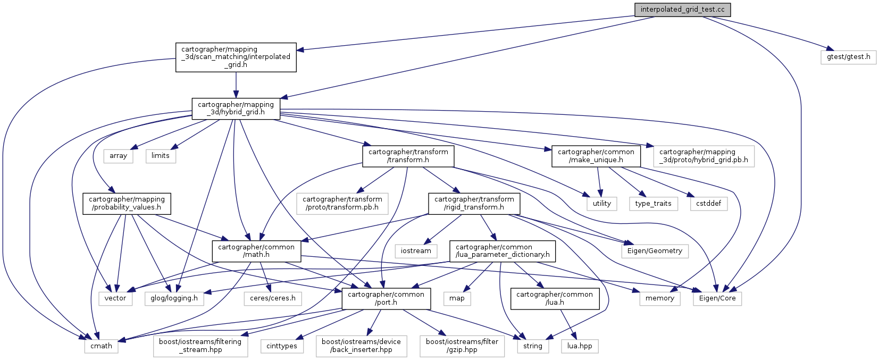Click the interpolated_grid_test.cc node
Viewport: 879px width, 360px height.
(682, 10)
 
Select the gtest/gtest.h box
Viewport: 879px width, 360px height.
(848, 57)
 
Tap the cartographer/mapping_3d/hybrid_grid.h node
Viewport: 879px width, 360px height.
(236, 108)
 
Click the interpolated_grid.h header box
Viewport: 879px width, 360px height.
(236, 57)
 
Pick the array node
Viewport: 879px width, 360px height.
(118, 156)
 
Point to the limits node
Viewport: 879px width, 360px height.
(160, 156)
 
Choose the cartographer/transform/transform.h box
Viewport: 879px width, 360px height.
(408, 156)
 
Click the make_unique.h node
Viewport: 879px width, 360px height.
(596, 156)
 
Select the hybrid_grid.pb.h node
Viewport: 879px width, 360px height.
(703, 156)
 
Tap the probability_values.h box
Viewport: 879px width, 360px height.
(127, 203)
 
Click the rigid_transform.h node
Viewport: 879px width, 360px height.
(474, 203)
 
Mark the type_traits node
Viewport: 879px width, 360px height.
(653, 203)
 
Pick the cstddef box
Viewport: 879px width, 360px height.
(709, 203)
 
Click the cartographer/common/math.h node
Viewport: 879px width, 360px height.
(256, 251)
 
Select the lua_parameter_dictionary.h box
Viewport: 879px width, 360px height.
(503, 251)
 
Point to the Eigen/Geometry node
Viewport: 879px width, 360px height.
(655, 251)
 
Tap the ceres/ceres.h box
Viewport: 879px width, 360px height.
(273, 298)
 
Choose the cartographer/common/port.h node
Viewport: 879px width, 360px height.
(386, 298)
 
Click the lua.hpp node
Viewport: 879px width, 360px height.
(579, 346)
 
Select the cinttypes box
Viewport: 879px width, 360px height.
(282, 346)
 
